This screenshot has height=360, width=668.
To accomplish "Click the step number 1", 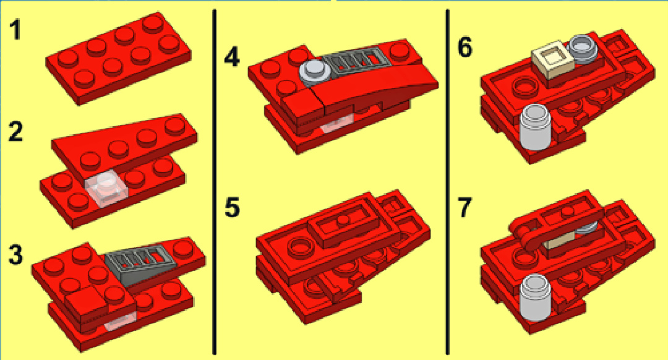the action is coord(15,31).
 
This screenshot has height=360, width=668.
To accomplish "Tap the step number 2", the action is coord(15,132).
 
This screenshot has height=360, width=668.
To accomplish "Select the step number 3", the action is coord(15,255).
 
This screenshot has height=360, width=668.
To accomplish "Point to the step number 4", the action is coord(232,57).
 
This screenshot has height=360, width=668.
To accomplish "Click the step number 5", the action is coord(232,207).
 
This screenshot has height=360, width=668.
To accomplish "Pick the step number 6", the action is coord(465,48).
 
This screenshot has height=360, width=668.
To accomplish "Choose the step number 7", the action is coord(465,207).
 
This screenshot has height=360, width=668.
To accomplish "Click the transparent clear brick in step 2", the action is coord(106,188).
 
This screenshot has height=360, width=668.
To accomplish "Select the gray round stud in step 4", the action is coord(314,71).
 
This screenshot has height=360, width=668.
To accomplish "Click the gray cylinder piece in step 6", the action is coord(535,127).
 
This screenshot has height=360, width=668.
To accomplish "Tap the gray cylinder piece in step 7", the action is coord(536,298).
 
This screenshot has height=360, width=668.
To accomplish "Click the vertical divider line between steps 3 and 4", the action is coord(214,181).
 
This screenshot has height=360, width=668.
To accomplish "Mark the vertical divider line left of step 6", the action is coord(447,181).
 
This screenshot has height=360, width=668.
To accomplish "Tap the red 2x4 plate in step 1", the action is coord(118,58).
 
